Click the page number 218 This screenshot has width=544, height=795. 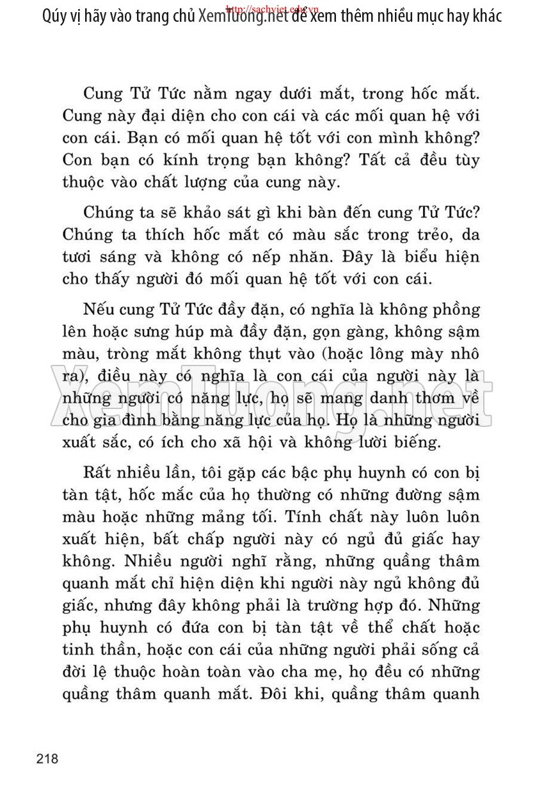47,759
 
